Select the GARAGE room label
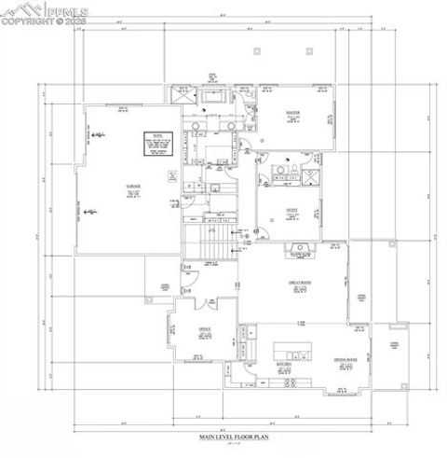point(132,187)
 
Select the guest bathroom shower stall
point(312,174)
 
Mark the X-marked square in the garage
point(169,174)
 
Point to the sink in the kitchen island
point(298,355)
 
